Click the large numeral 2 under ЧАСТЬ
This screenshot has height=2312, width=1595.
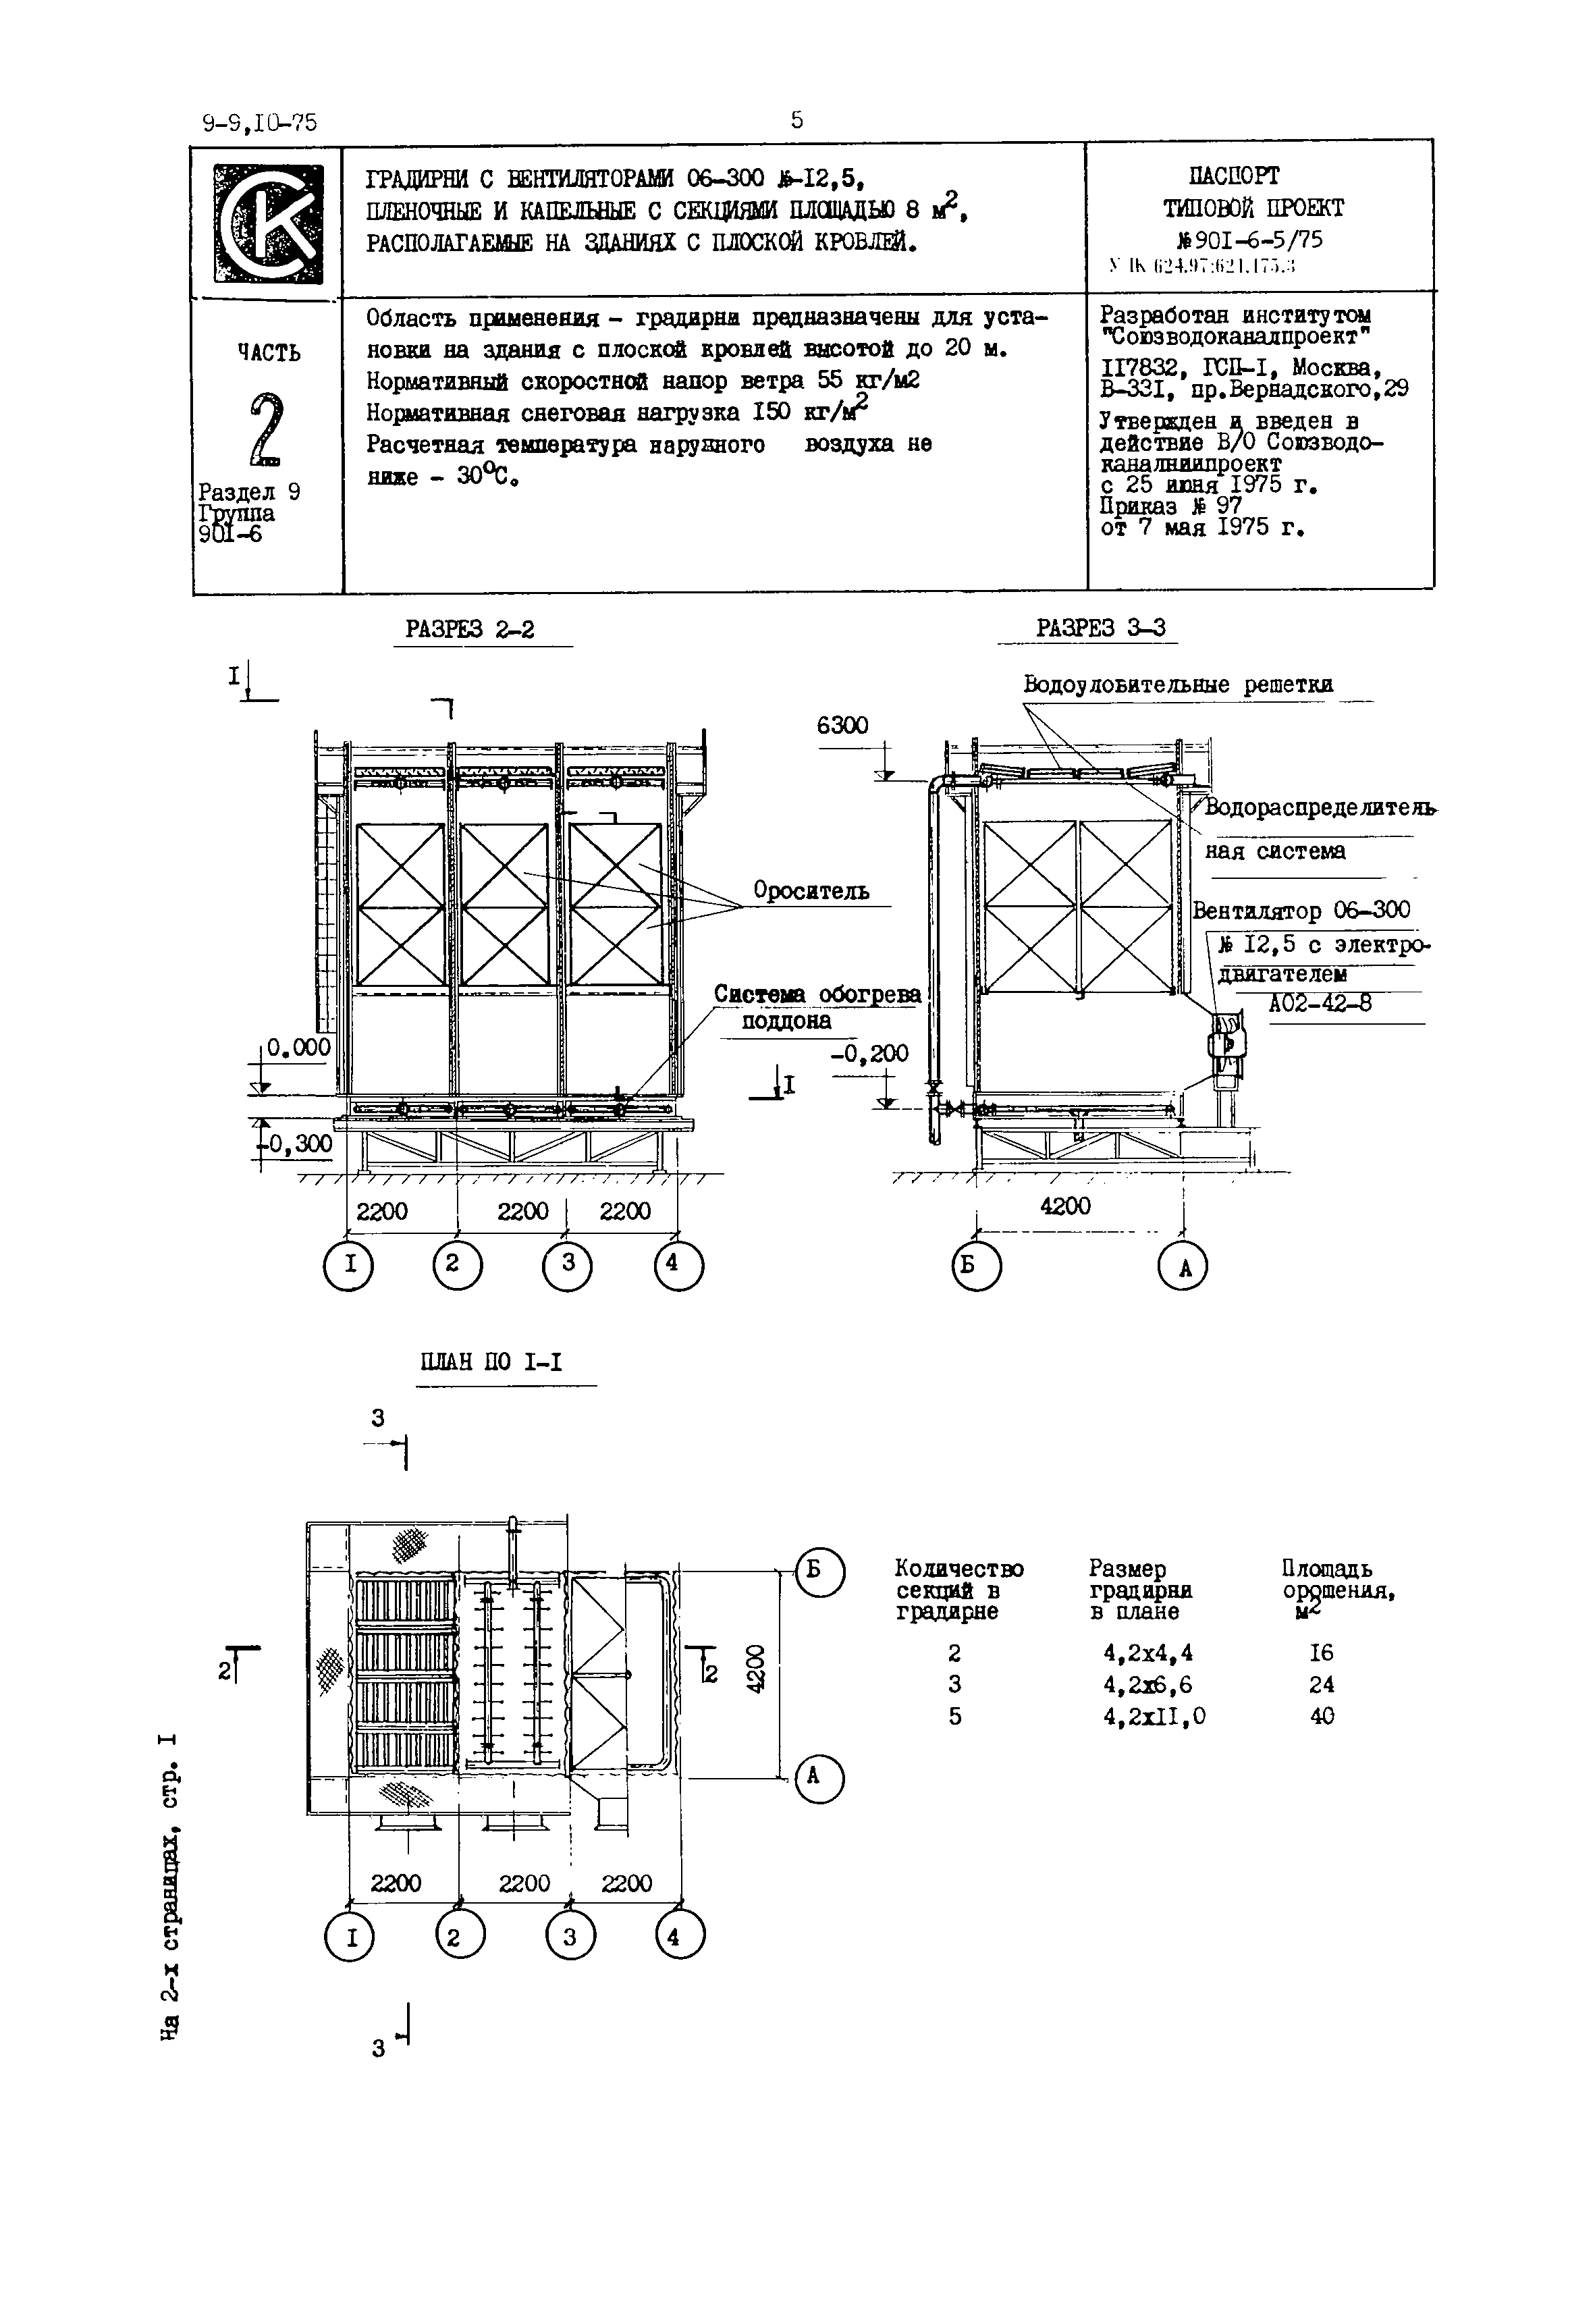coord(267,431)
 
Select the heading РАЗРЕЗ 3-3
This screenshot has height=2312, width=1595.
coord(1100,628)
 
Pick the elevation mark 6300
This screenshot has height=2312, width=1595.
coord(842,726)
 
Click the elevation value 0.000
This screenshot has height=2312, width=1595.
coord(298,1046)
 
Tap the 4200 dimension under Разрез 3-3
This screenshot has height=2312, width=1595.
coord(1065,1206)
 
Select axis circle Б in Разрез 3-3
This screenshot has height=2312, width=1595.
coord(977,1268)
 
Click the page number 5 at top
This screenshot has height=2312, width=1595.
coord(796,121)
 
